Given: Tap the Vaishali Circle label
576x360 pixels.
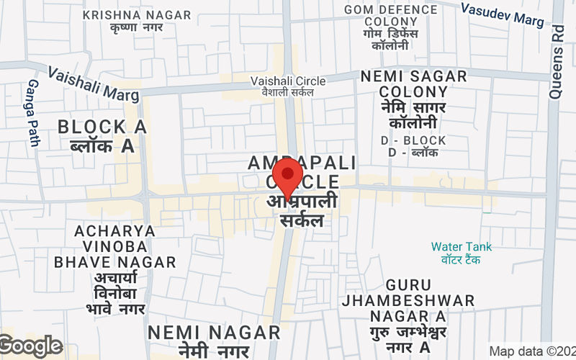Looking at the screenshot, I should (288, 81).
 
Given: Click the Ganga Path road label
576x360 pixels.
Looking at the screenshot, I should (33, 112).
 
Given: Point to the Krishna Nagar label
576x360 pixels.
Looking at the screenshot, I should (137, 15).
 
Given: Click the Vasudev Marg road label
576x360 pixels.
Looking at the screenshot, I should (502, 15).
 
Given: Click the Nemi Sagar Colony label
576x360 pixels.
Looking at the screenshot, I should (413, 84).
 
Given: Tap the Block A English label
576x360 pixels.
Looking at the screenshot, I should (102, 127).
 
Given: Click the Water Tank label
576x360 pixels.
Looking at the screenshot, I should (462, 247).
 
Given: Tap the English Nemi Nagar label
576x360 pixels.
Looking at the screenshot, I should (214, 333).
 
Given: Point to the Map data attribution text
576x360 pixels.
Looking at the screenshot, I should (532, 351).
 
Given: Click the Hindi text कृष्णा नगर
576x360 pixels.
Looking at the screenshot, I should (137, 28).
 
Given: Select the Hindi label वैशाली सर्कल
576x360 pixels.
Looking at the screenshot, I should (287, 93).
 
